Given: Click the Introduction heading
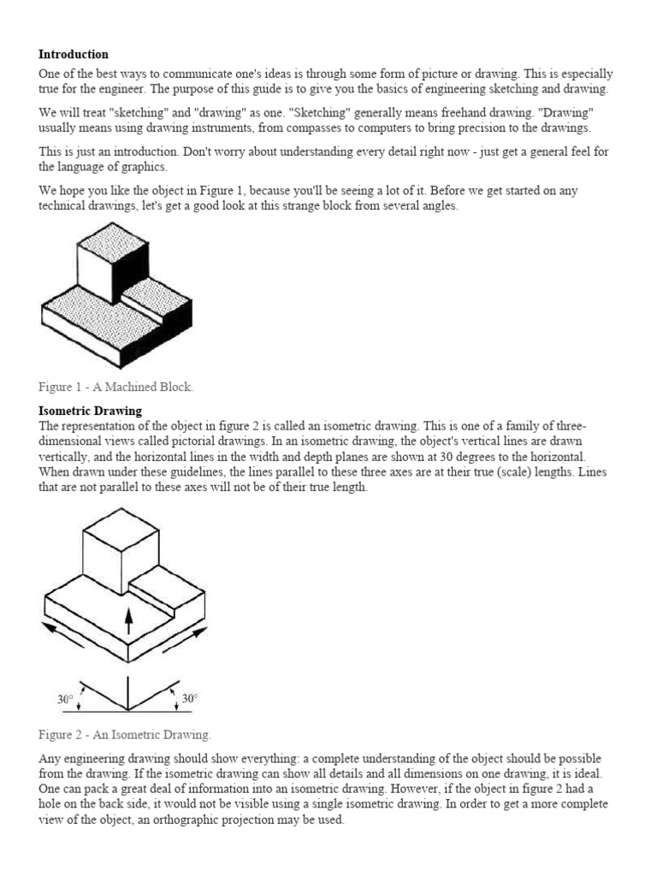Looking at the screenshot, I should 74,55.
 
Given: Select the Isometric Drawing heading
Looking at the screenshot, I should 91,411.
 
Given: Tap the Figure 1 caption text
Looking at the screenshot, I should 116,388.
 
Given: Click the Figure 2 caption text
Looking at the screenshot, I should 125,735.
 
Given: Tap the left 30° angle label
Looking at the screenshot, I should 66,699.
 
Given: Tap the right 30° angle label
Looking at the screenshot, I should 190,699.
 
